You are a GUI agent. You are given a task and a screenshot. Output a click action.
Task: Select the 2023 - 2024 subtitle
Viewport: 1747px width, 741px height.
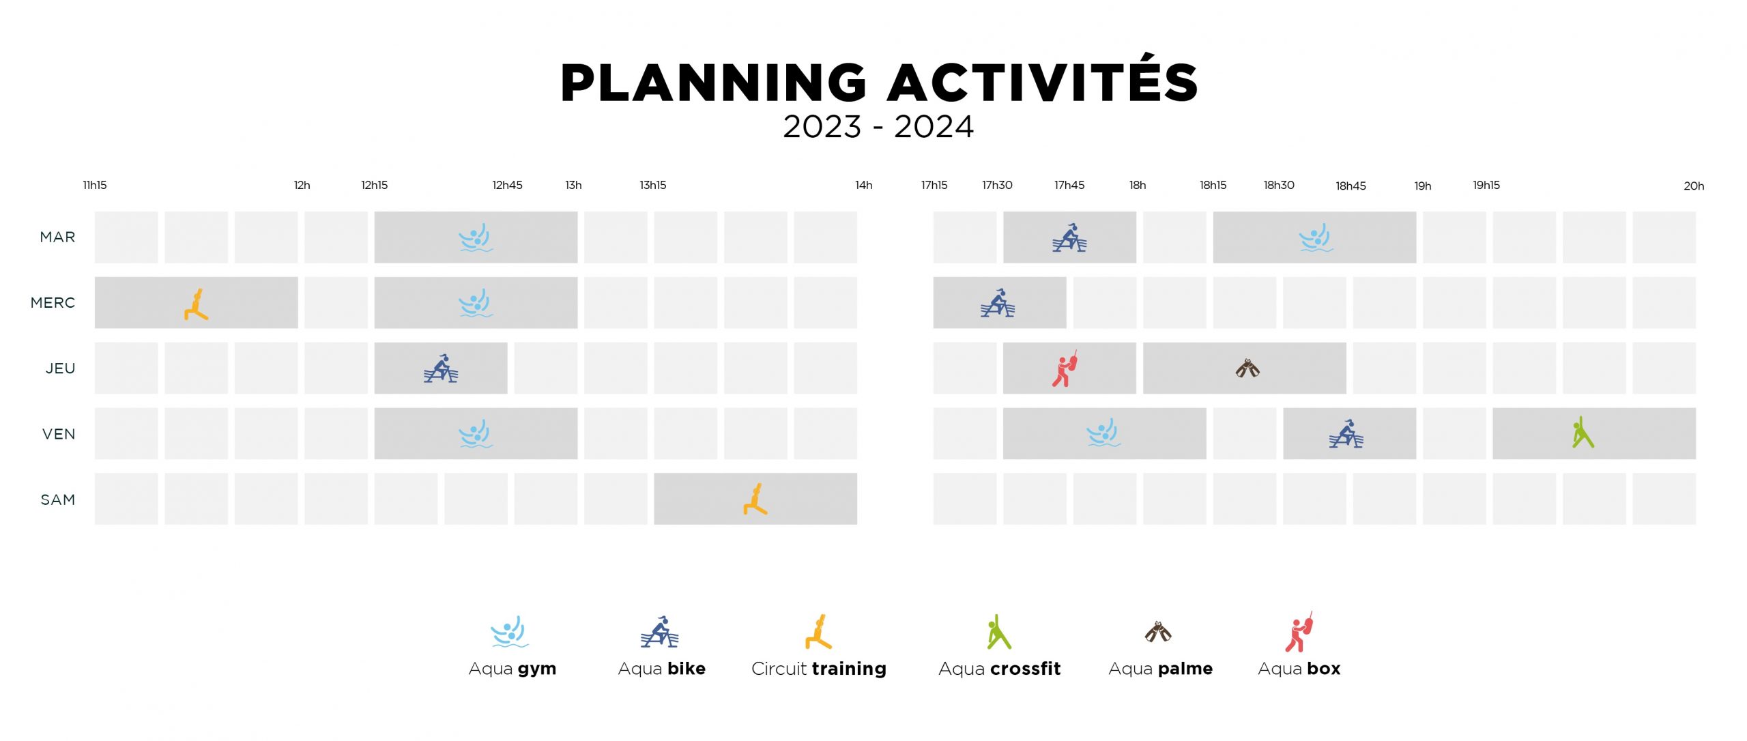878,127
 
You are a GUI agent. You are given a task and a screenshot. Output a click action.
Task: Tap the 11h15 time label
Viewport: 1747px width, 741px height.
95,185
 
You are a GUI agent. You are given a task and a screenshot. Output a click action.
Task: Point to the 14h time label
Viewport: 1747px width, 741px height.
864,185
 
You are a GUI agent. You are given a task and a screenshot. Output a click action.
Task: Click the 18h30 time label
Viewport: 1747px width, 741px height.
1279,185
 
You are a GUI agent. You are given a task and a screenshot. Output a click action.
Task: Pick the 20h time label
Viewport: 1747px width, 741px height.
1694,186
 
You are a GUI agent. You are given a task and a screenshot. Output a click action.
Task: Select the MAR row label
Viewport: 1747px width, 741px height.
58,237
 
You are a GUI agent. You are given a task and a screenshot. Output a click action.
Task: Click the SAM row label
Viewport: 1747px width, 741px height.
58,499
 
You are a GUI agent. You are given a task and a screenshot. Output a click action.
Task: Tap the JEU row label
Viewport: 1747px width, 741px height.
61,368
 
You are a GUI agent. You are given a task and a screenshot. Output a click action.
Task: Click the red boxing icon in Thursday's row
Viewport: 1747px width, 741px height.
1064,369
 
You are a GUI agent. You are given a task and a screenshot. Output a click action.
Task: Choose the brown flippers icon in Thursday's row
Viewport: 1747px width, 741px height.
1247,368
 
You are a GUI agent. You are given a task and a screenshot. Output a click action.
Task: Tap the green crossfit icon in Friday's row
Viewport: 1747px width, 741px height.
1583,433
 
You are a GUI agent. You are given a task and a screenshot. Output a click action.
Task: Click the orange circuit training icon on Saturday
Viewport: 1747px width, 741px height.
755,499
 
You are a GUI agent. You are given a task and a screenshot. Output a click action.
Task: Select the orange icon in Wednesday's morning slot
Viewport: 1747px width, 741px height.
196,304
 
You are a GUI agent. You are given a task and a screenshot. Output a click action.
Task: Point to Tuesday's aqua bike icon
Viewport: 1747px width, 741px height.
1069,237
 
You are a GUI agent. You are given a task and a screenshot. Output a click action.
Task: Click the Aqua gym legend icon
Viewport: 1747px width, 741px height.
510,632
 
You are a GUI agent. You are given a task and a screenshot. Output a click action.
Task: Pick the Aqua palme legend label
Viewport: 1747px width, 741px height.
1161,669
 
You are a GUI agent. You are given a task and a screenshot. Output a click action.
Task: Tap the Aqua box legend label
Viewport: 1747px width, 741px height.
1299,669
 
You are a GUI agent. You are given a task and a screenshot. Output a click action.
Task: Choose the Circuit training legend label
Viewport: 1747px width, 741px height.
819,669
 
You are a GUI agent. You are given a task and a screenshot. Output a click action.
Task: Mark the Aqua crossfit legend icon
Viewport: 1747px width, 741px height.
998,632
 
